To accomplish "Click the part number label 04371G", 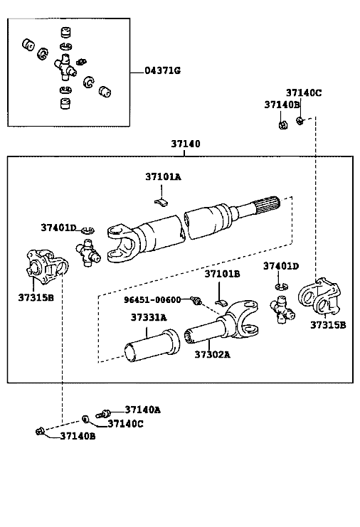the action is pos(163,70).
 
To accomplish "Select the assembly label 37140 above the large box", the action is pos(186,144).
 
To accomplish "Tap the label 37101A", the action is pos(163,177).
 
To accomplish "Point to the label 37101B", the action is pos(222,275).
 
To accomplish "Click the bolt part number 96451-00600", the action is pos(152,300).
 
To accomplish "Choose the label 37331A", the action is pos(149,318).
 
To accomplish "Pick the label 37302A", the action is pos(213,355).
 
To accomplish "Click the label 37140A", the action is pos(142,410).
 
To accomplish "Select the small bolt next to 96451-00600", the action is pos(196,300).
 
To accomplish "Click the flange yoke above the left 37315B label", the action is pos(47,266).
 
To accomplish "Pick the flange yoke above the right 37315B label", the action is pos(319,297).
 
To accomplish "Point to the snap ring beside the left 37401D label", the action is pos(88,230).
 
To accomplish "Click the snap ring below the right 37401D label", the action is pos(281,287).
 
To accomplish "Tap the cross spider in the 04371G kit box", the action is pos(65,68).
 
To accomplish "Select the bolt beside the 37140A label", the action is pos(104,413).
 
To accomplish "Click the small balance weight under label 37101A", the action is pos(162,202).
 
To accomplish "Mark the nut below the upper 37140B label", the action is pos(283,125).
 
